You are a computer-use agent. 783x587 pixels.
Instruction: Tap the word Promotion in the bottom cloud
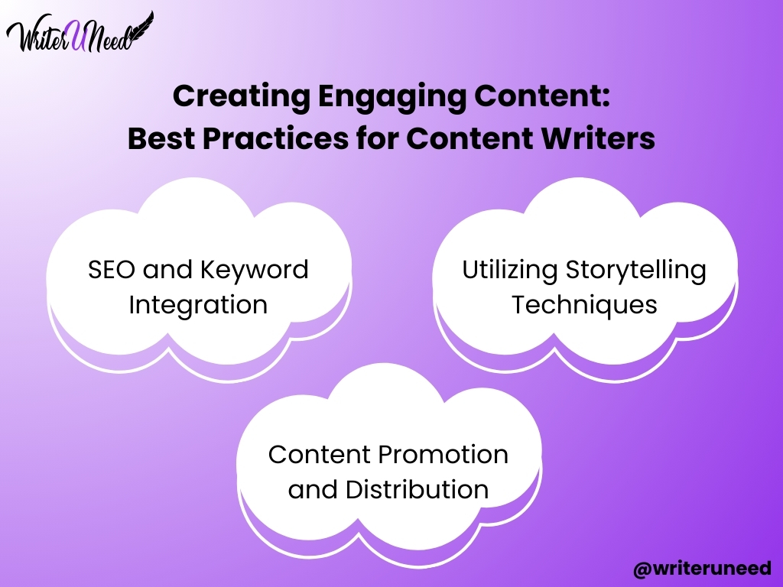(x=443, y=454)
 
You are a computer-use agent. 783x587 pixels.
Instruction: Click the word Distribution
(x=417, y=489)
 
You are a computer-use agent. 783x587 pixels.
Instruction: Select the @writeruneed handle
(x=702, y=569)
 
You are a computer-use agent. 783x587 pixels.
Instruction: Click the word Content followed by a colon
(x=542, y=96)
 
